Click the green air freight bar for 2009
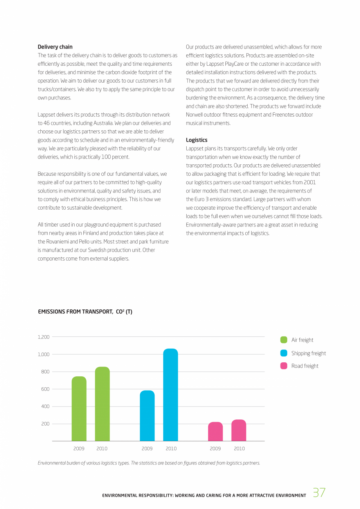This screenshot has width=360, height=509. tap(79, 409)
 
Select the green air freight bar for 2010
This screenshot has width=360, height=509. tap(103, 404)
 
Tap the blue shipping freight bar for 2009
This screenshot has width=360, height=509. tap(147, 416)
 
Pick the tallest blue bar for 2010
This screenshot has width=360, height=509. tap(171, 395)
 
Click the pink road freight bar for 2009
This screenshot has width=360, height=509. tap(215, 432)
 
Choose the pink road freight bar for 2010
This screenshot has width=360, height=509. tap(239, 430)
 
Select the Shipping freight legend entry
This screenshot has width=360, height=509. tap(303, 353)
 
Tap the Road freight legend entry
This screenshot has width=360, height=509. tap(300, 366)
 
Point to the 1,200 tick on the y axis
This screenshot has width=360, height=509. tap(44, 337)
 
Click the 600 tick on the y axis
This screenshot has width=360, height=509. tap(45, 389)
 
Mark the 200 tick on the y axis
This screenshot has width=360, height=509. tap(45, 424)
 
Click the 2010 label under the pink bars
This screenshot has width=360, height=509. tap(239, 449)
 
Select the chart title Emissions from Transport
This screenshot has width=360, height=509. tap(85, 312)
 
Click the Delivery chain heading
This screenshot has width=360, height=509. tap(55, 47)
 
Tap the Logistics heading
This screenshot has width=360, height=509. tap(196, 140)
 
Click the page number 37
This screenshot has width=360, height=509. tap(319, 493)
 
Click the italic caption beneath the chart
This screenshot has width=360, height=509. tap(149, 463)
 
